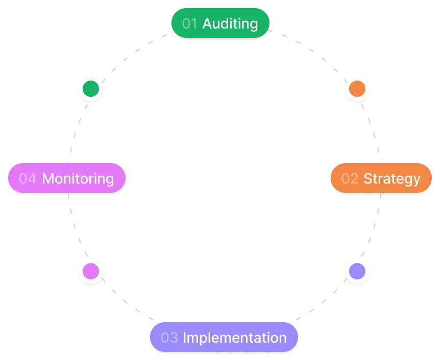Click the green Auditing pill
click(x=220, y=23)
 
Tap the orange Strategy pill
click(x=381, y=178)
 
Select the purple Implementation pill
click(x=224, y=338)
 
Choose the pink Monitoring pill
click(x=67, y=178)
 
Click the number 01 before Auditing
click(x=189, y=23)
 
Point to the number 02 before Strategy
click(x=350, y=178)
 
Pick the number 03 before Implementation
click(x=169, y=338)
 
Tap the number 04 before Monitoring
click(x=28, y=178)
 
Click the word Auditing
click(x=230, y=23)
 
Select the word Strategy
click(x=392, y=178)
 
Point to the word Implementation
click(x=235, y=338)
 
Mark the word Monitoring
click(x=78, y=178)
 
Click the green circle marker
click(x=91, y=89)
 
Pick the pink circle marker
click(x=91, y=271)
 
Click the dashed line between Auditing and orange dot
click(x=311, y=51)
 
